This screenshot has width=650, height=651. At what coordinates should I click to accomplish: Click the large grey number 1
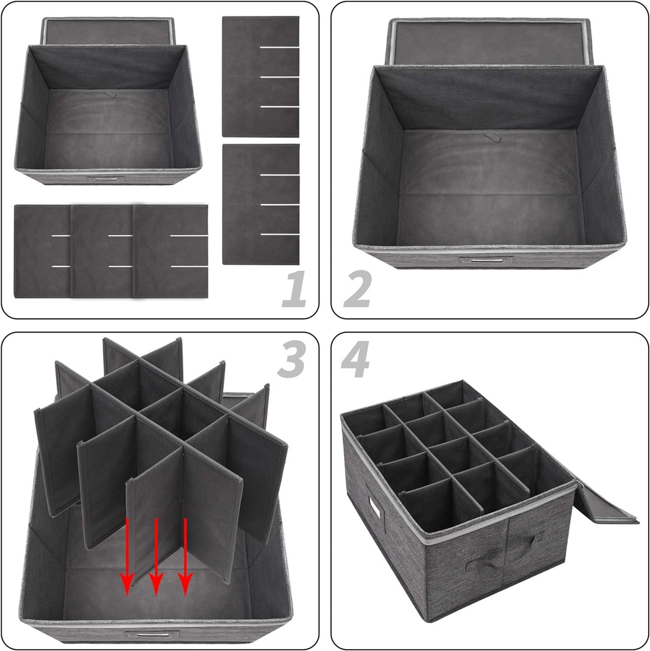tap(294, 289)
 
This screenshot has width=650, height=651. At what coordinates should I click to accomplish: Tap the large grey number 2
tap(357, 289)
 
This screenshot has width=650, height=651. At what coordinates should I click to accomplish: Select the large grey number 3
tap(291, 360)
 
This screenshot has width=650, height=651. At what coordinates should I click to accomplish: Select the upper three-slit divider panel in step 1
tap(260, 76)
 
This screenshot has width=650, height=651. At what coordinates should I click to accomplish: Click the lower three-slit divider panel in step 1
tap(260, 204)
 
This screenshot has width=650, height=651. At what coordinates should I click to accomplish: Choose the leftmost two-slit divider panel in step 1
tap(41, 251)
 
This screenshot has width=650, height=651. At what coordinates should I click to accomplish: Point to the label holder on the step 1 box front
tap(102, 179)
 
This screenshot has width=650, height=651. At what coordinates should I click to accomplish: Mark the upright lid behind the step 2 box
tap(490, 41)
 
